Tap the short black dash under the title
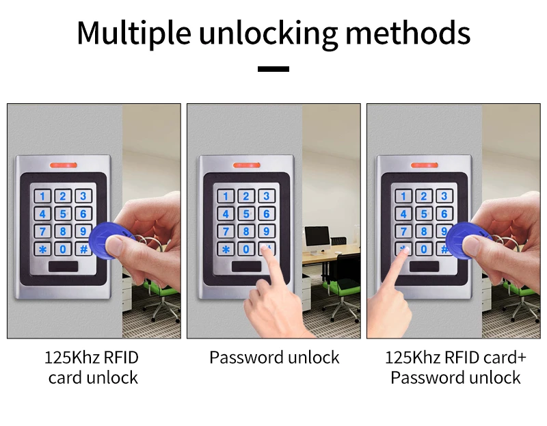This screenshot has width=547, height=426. coord(273,68)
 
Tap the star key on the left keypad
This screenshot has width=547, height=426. coord(43,249)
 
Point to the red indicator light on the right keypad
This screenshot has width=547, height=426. coord(425,165)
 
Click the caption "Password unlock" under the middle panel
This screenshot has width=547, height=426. coord(274,357)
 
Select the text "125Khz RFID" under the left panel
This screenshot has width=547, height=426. coord(92,357)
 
